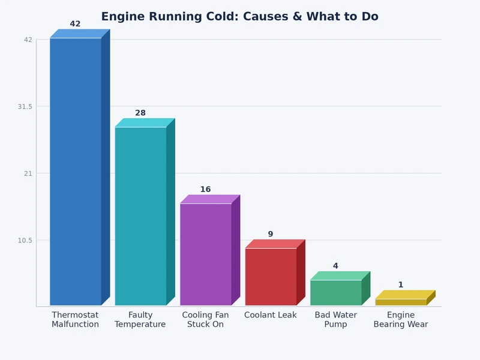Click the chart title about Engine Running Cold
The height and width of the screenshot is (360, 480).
[x=239, y=17]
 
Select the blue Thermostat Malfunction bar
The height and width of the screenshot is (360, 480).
[x=76, y=171]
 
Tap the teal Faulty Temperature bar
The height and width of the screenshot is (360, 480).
[x=140, y=216]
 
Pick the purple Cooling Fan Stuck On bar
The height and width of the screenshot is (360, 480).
[x=206, y=254]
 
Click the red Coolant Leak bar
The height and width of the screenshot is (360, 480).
[x=271, y=277]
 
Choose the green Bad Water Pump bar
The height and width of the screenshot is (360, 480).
[x=335, y=292]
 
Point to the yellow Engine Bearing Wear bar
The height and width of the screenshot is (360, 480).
[x=401, y=302]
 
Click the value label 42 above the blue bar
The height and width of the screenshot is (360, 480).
[x=75, y=24]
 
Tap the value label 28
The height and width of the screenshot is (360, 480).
[x=140, y=113]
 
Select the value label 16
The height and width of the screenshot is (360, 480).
[x=205, y=190]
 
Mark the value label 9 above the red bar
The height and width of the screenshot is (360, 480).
[x=271, y=234]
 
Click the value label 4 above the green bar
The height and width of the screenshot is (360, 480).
[x=335, y=266]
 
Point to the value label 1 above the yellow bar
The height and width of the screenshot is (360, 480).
[x=401, y=285]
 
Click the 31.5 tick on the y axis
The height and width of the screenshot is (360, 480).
[x=25, y=107]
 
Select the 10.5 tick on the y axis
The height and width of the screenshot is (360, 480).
[x=25, y=241]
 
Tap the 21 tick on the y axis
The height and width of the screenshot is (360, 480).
[x=28, y=173]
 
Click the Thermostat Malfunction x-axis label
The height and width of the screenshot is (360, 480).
[x=75, y=320]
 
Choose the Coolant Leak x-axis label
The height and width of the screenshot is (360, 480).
[x=271, y=315]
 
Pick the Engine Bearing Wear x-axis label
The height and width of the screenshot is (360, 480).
[x=401, y=320]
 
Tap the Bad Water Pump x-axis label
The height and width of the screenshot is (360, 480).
[x=335, y=320]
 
